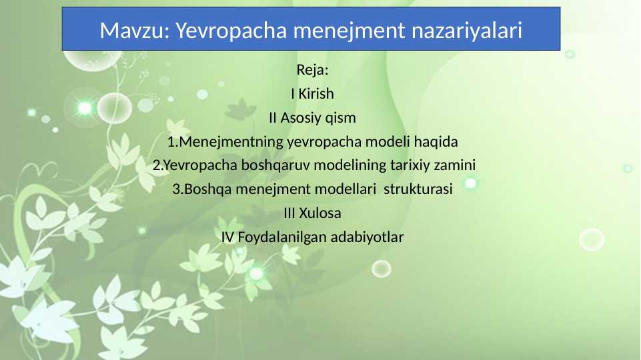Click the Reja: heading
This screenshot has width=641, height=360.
click(x=312, y=70)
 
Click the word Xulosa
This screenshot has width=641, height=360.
click(x=320, y=213)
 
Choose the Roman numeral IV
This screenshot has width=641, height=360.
click(x=227, y=237)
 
